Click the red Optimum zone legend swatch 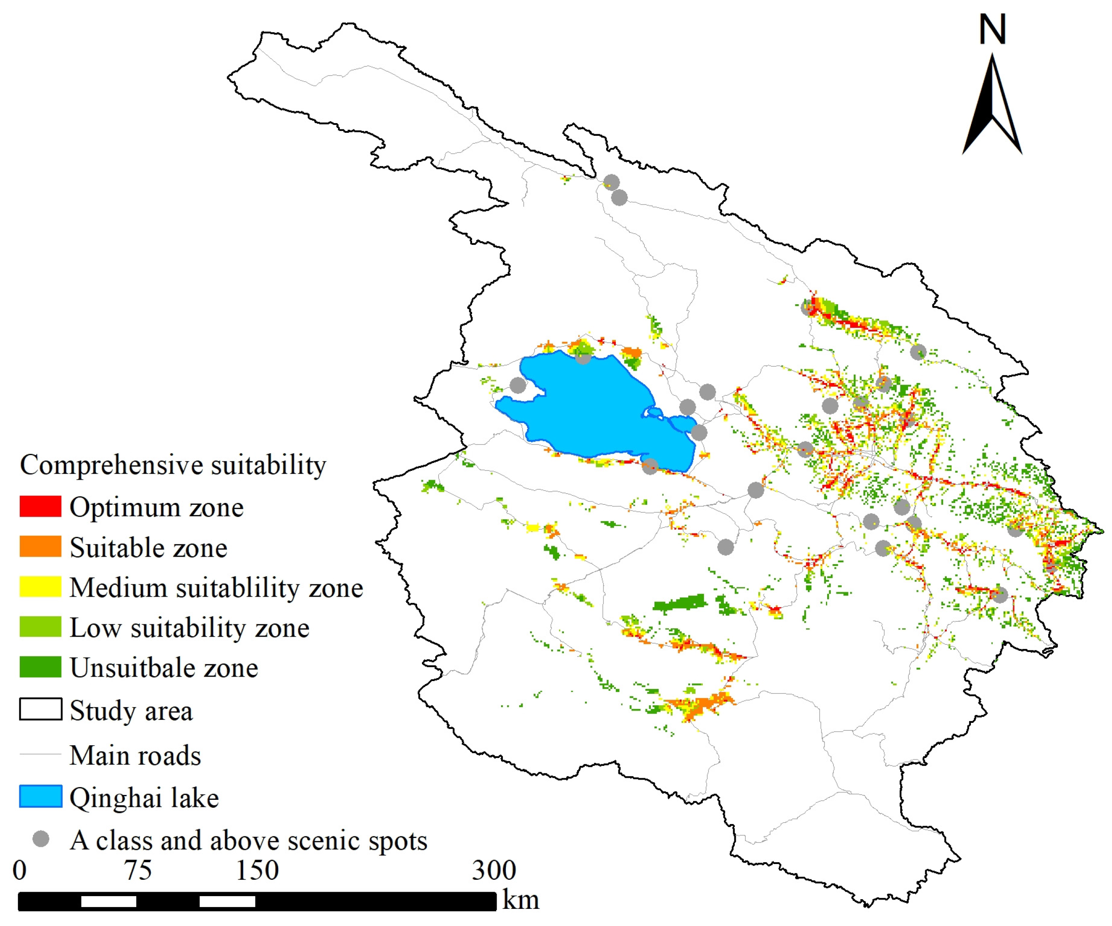(40, 507)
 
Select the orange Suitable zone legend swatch (40, 546)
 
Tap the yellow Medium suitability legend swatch (40, 587)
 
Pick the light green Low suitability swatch (40, 627)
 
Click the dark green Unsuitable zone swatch (40, 667)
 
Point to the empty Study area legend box (40, 709)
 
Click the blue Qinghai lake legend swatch (40, 796)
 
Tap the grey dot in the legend (41, 839)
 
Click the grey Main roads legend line (40, 754)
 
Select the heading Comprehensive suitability (173, 465)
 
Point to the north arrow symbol (992, 106)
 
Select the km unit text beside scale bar (520, 900)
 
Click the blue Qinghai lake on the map (593, 408)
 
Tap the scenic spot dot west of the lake (517, 385)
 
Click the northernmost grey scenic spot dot (611, 182)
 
